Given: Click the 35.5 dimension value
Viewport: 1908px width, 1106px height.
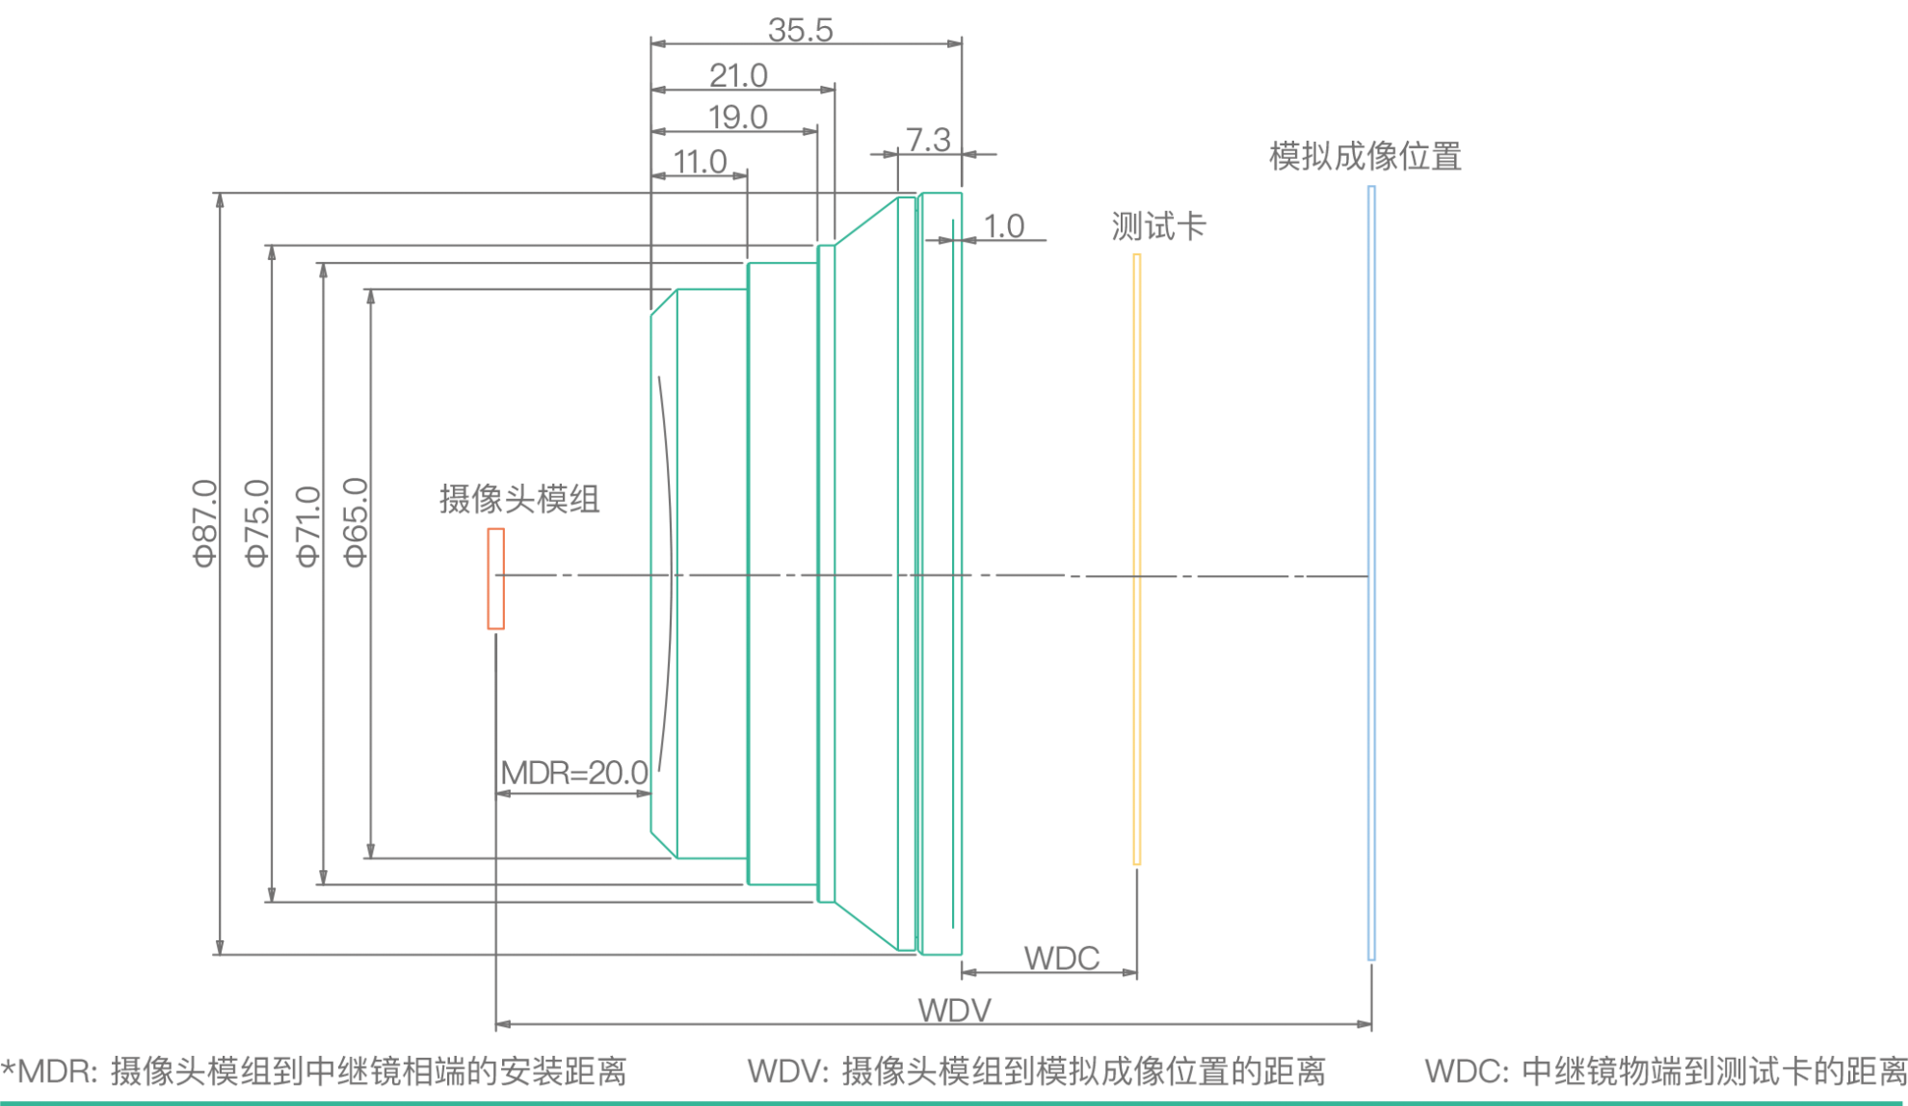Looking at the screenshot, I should (800, 29).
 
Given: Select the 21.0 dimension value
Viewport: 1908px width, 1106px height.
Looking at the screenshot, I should (738, 74).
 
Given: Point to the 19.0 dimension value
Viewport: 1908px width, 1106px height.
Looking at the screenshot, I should (737, 118).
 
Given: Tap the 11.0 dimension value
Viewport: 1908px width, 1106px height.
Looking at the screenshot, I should (700, 161).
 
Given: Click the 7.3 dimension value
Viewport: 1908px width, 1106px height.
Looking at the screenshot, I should (928, 141).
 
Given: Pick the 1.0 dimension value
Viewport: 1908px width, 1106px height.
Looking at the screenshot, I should (1003, 226).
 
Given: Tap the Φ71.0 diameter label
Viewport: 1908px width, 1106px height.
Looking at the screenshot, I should (306, 527).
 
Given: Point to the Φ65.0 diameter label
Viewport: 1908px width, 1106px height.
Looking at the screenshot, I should (355, 522).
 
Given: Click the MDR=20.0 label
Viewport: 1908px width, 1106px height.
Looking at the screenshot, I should (574, 773).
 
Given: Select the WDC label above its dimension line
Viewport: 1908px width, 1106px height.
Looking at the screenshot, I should (1061, 958).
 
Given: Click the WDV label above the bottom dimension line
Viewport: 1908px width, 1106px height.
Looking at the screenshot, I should (954, 1010).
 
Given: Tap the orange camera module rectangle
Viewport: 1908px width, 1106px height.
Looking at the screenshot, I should (495, 579).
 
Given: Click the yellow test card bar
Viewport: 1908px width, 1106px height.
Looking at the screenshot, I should (1136, 559).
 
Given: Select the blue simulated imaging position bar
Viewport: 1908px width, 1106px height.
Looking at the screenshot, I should (1371, 573).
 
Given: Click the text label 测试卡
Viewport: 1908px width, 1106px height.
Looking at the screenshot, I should (1158, 226).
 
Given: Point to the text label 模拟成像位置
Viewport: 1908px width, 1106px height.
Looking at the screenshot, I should (1365, 156).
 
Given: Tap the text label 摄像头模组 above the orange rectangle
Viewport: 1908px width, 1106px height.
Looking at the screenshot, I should (519, 499).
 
